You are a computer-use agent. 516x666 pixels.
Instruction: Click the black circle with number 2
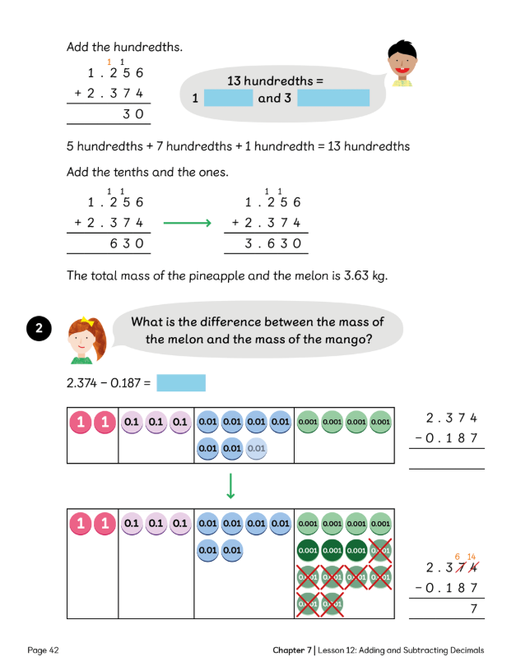[40, 329]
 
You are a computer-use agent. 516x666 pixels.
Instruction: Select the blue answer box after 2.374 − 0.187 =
[180, 383]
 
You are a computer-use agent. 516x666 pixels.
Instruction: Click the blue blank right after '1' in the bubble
[227, 99]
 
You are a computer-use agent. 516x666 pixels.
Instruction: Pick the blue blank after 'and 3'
[333, 99]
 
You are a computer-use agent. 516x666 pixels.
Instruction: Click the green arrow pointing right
[188, 223]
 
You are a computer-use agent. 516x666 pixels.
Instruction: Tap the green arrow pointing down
[231, 485]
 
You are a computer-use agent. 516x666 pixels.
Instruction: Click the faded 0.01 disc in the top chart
[257, 449]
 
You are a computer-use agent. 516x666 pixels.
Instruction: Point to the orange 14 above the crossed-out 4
[472, 557]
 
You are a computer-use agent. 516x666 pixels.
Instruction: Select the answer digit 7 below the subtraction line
[473, 608]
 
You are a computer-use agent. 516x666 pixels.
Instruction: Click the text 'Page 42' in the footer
[43, 650]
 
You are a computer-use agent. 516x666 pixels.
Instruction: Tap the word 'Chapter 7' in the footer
[291, 650]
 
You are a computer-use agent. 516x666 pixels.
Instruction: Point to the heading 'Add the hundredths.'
[123, 47]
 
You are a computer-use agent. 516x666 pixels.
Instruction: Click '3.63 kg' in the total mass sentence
[360, 275]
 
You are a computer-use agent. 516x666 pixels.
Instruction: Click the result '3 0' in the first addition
[133, 114]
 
